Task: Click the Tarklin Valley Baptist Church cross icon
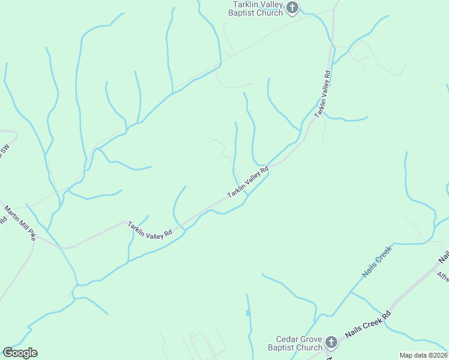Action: pyautogui.click(x=292, y=8)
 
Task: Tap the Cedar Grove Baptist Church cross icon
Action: pyautogui.click(x=331, y=343)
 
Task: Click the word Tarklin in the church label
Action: pyautogui.click(x=246, y=5)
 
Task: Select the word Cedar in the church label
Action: pyautogui.click(x=287, y=339)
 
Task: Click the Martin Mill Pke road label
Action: pyautogui.click(x=20, y=223)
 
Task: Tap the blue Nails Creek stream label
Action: pyautogui.click(x=376, y=261)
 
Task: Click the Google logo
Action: pyautogui.click(x=20, y=353)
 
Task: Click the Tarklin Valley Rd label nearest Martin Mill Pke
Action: pyautogui.click(x=150, y=230)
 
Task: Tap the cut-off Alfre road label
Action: pyautogui.click(x=443, y=277)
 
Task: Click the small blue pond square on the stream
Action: pyautogui.click(x=248, y=313)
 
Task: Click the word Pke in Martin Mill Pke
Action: pyautogui.click(x=31, y=235)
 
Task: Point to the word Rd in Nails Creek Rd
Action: pyautogui.click(x=387, y=314)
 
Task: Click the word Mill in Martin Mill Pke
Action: pyautogui.click(x=22, y=225)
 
